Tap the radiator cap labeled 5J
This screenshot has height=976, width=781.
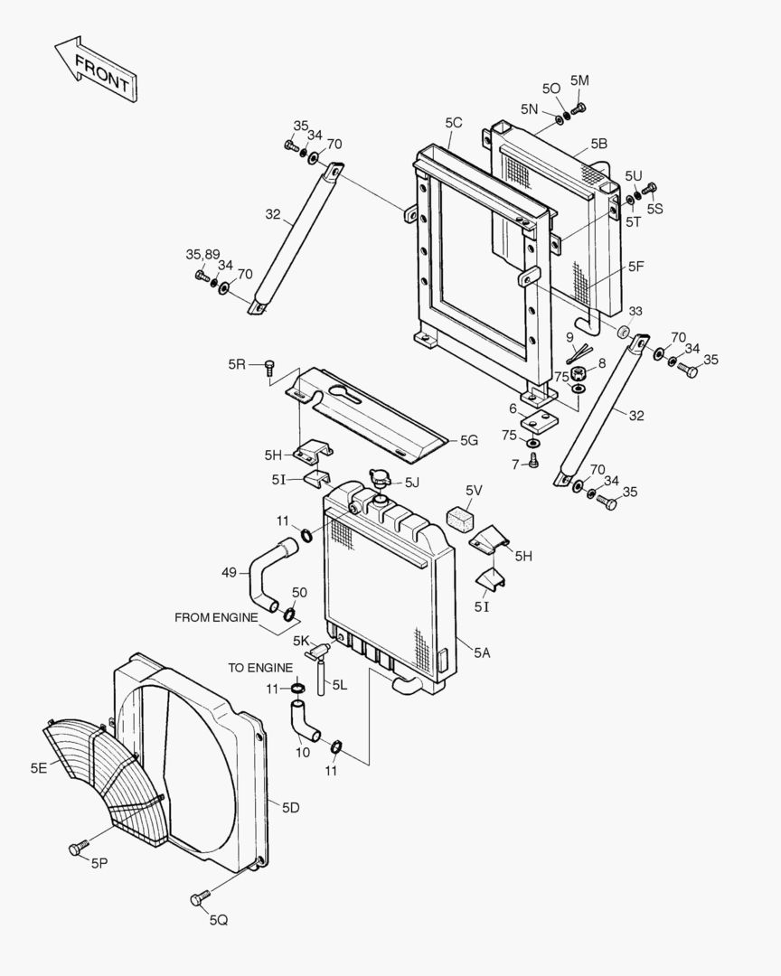click(x=380, y=480)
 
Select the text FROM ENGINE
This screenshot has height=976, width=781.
click(x=215, y=617)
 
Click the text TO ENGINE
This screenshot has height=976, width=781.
click(x=259, y=668)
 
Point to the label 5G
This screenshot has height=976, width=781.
click(x=468, y=440)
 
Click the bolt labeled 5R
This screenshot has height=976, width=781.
click(x=269, y=367)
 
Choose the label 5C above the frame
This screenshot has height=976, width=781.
click(x=453, y=122)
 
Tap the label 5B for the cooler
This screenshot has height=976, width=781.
click(x=598, y=144)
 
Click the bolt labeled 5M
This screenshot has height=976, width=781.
click(x=579, y=108)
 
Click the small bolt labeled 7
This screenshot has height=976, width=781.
click(x=533, y=461)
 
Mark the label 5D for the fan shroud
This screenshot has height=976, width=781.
click(x=290, y=807)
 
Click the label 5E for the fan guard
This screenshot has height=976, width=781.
click(x=38, y=769)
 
